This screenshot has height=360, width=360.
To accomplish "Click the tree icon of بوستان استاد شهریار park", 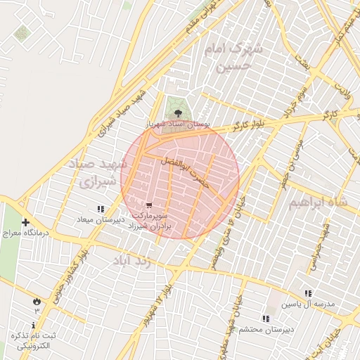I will click(x=177, y=112).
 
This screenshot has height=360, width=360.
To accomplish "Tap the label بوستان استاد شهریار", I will click(x=177, y=124).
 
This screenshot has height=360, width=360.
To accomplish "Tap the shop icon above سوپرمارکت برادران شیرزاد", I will click(x=148, y=205).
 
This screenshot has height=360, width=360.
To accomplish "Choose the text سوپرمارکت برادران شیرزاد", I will click(x=155, y=223).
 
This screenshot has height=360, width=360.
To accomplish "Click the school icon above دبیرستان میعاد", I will click(x=101, y=208).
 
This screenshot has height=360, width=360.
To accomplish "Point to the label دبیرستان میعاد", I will click(x=101, y=219).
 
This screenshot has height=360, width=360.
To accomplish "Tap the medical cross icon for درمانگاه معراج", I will click(x=26, y=222).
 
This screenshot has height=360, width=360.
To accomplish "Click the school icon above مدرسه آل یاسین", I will click(x=307, y=293).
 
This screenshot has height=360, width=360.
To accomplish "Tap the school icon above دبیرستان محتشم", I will click(x=265, y=318).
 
